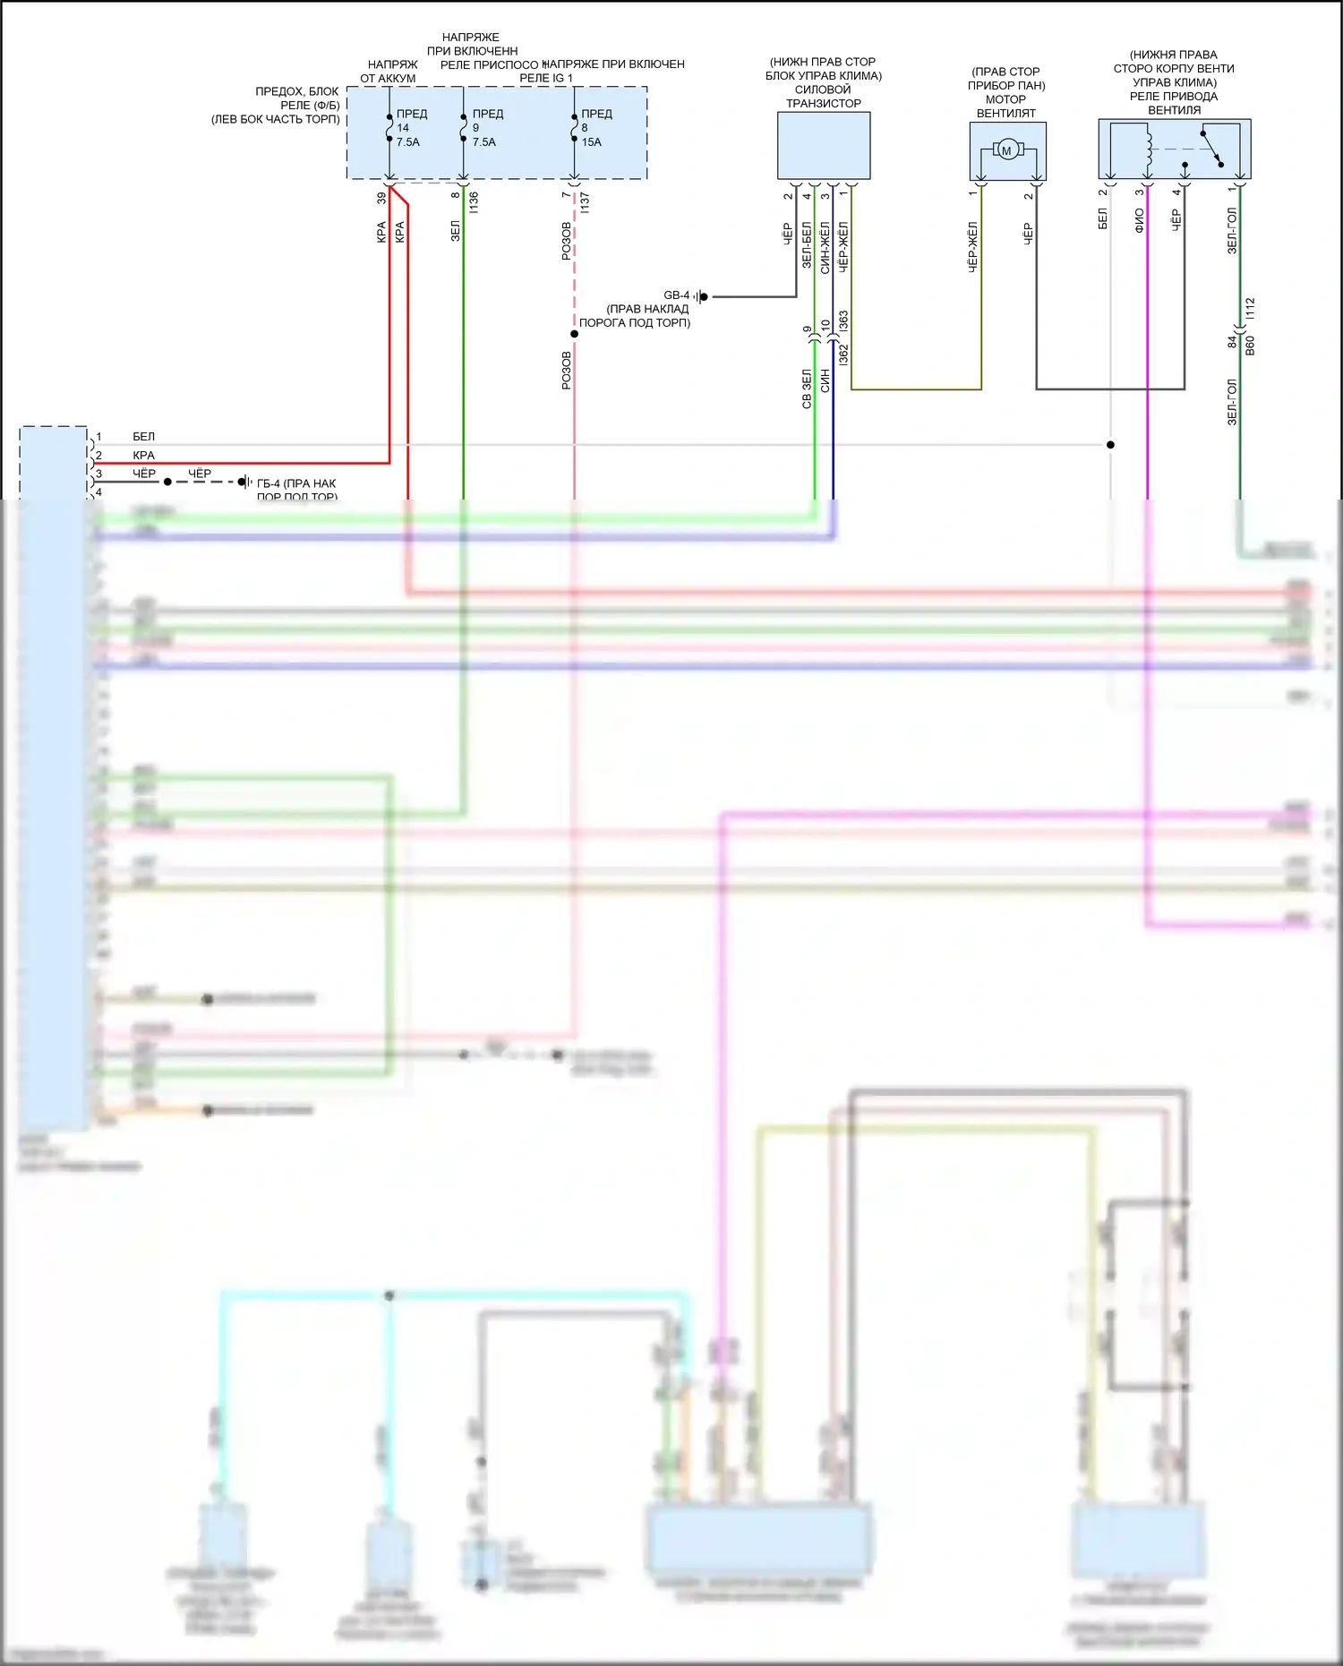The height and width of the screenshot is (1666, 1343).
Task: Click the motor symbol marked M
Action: [1006, 150]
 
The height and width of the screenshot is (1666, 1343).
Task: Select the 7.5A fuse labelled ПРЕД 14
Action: [389, 128]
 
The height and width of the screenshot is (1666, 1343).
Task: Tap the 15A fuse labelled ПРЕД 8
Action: [574, 128]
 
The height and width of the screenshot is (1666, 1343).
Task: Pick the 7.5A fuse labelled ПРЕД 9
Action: [463, 128]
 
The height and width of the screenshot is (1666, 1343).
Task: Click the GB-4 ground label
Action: [676, 295]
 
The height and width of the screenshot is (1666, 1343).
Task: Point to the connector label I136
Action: [474, 201]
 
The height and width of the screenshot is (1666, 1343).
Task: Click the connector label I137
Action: [584, 201]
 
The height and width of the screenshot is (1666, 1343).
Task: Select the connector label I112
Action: [1250, 309]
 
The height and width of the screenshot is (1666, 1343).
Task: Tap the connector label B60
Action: [1250, 345]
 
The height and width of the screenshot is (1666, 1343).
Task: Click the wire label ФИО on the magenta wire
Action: [1139, 220]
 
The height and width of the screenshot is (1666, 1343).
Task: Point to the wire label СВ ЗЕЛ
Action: [806, 389]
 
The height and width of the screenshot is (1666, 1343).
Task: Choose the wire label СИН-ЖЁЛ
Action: [825, 247]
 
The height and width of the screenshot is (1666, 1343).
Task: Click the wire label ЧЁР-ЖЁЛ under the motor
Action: [972, 247]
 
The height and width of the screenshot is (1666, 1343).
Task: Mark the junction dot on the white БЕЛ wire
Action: [1110, 445]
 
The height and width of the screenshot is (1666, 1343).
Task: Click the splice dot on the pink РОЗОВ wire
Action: [574, 334]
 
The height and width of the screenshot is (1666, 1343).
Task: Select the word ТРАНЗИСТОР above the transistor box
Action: [823, 104]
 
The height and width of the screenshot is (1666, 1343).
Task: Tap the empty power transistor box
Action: [824, 145]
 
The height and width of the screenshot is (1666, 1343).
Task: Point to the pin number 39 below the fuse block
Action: [381, 198]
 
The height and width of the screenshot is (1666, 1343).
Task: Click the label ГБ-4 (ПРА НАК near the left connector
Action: [296, 483]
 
